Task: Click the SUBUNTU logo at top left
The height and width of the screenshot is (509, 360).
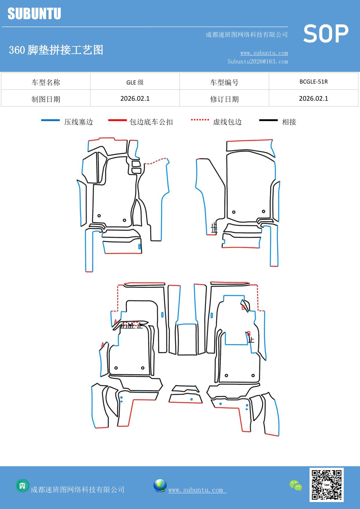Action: [x=34, y=14]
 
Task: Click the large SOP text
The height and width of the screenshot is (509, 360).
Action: [x=326, y=34]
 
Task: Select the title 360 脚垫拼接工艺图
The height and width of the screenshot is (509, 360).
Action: [x=56, y=50]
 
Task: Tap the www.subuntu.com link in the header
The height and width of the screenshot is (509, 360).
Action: [x=264, y=53]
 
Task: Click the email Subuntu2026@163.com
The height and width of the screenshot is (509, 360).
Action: [x=258, y=62]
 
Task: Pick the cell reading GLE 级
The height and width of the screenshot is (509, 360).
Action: [x=135, y=82]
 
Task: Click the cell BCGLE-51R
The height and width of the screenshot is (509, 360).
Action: [x=313, y=82]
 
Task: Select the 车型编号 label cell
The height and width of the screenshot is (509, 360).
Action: [x=224, y=82]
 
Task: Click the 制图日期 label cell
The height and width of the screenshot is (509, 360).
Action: [x=46, y=99]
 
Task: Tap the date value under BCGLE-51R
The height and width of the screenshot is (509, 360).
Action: [x=313, y=99]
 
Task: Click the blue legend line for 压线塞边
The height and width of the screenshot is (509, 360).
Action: [x=50, y=120]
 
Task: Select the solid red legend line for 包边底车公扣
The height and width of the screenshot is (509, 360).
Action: [x=117, y=120]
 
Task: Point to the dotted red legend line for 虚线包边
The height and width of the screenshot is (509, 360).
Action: [x=200, y=120]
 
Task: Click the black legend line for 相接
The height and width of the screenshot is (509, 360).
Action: [x=268, y=120]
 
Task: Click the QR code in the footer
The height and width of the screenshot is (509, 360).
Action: [x=326, y=485]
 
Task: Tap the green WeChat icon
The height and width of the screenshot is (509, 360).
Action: [x=296, y=485]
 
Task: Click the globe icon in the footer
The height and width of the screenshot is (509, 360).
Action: [x=160, y=485]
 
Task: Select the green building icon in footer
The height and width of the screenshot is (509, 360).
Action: [x=22, y=485]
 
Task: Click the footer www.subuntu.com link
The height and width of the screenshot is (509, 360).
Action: [x=197, y=490]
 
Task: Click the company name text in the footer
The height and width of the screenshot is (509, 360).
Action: [x=78, y=490]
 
